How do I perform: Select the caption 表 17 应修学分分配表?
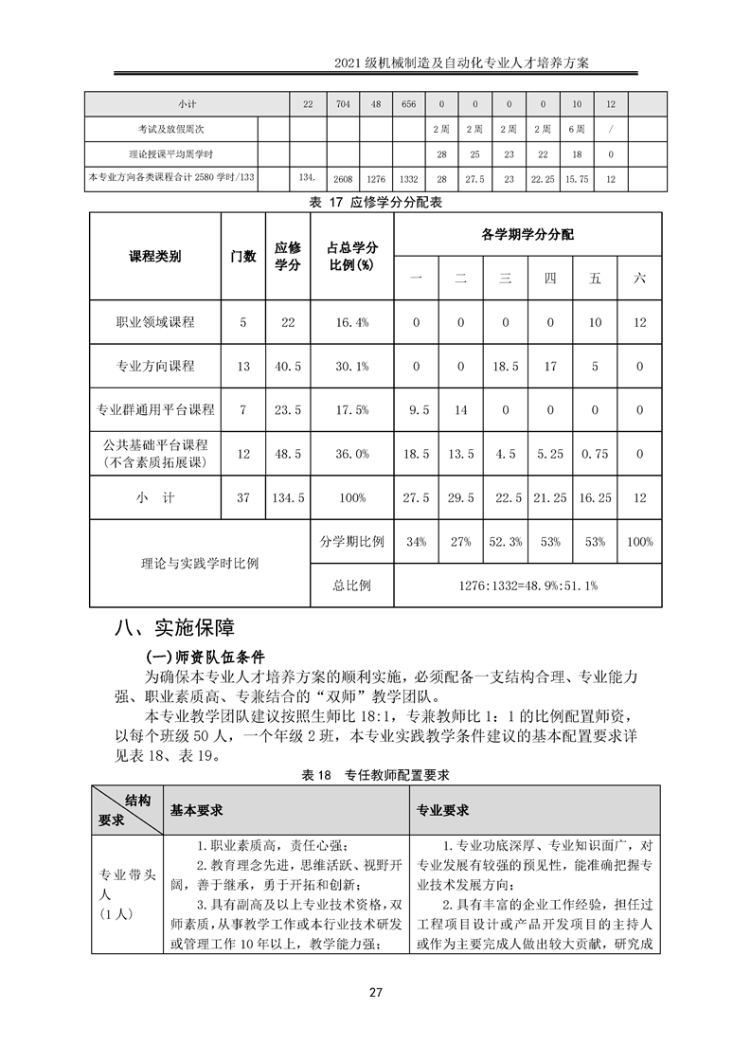376,202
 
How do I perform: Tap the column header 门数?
243,257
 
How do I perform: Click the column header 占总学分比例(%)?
351,257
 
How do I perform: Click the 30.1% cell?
351,366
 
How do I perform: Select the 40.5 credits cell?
288,366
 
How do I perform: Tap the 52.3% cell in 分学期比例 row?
506,542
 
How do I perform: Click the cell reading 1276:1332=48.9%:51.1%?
527,586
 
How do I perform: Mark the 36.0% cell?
351,454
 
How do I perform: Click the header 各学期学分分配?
527,233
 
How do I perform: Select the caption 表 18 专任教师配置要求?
375,774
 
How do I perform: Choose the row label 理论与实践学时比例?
199,564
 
